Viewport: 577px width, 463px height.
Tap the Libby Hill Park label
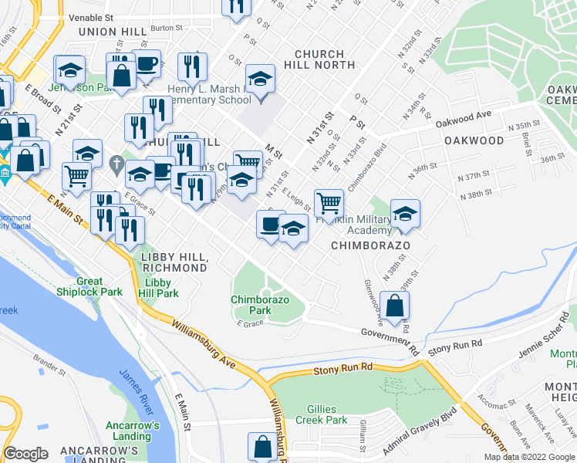click(x=158, y=289)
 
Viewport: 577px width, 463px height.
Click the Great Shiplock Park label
click(x=100, y=287)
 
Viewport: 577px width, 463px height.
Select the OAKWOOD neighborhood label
click(x=474, y=141)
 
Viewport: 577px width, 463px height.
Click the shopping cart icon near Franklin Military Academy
click(x=329, y=203)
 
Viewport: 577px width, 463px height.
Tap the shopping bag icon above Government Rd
click(x=395, y=306)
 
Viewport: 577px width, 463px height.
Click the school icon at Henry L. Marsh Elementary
click(x=261, y=79)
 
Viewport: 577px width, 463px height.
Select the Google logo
click(x=26, y=454)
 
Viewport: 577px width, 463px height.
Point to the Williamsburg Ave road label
click(x=203, y=345)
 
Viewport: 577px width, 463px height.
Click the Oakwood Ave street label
click(x=463, y=118)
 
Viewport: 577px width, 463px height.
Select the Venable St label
click(x=91, y=16)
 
